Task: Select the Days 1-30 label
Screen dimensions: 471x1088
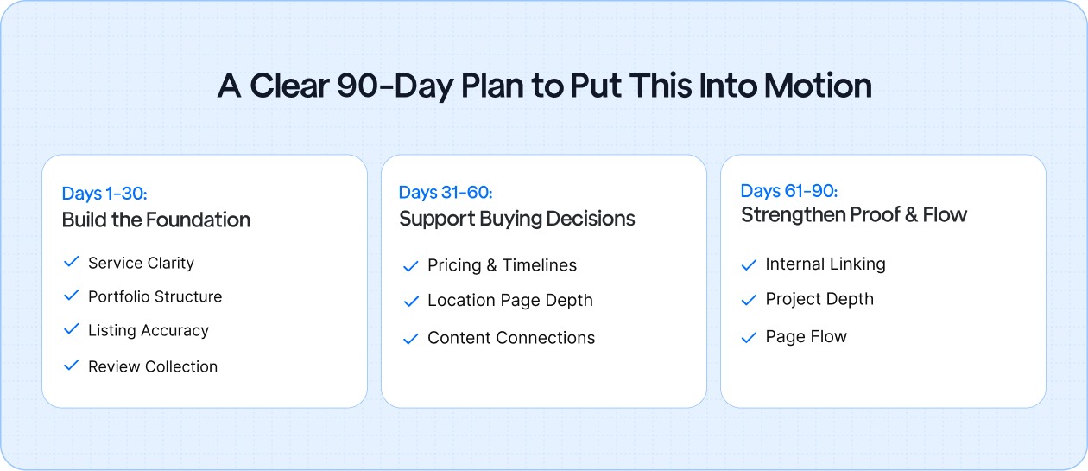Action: click(104, 194)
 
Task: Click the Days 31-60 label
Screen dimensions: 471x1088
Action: click(446, 192)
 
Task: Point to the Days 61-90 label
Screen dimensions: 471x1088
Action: click(789, 191)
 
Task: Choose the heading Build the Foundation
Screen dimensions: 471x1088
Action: click(156, 220)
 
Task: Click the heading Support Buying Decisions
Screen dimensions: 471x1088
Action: click(516, 220)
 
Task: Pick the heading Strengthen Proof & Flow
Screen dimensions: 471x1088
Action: click(854, 215)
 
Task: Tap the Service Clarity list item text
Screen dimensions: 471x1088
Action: click(141, 263)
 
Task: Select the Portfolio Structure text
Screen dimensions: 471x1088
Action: click(155, 296)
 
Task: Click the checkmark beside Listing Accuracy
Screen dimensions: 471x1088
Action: click(72, 329)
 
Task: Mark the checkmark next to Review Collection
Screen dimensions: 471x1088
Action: click(72, 366)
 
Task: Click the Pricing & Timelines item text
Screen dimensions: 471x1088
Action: click(502, 265)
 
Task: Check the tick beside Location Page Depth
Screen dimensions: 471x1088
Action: click(411, 301)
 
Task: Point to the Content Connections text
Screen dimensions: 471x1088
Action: click(511, 338)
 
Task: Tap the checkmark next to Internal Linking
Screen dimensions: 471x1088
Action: click(749, 264)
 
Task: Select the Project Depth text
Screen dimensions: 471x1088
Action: click(819, 299)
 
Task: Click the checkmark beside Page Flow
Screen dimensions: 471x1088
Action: click(749, 337)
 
